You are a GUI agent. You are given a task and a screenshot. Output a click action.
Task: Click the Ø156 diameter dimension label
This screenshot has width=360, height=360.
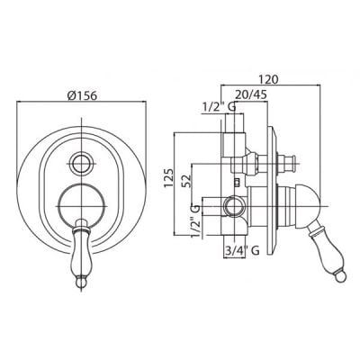[82, 95]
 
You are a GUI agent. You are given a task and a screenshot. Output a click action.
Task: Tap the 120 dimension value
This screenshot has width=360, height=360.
[269, 79]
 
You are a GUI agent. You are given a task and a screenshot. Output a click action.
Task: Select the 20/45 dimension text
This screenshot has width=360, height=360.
[251, 94]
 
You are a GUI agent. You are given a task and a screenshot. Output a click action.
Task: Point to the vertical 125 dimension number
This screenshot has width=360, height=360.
[168, 178]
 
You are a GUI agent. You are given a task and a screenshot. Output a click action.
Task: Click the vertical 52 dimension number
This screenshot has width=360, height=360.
[186, 181]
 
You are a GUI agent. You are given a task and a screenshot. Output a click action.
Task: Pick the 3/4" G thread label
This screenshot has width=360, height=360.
[242, 250]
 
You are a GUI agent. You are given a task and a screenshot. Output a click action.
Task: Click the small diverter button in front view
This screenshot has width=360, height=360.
[82, 163]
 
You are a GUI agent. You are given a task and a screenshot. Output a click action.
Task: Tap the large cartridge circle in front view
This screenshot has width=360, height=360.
[82, 206]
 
